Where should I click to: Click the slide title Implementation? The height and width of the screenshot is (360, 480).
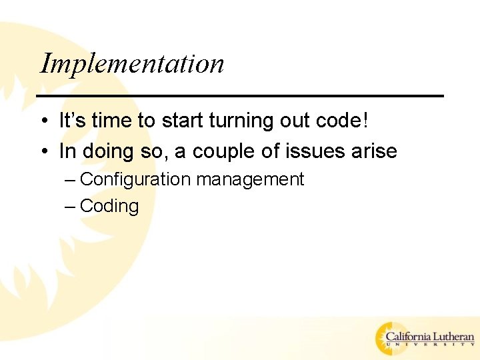click(x=132, y=64)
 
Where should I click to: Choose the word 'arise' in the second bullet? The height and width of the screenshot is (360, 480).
click(x=375, y=151)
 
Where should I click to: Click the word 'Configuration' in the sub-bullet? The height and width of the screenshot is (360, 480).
click(x=135, y=180)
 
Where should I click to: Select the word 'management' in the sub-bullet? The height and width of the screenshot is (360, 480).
click(x=250, y=180)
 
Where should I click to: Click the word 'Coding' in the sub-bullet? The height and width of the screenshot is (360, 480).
click(x=109, y=207)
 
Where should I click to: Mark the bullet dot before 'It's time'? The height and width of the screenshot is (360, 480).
click(x=42, y=122)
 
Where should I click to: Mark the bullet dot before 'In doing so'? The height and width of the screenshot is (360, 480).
click(x=42, y=152)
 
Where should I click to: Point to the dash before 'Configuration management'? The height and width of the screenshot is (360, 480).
click(x=70, y=180)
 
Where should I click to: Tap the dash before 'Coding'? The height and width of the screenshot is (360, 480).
click(x=70, y=207)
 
